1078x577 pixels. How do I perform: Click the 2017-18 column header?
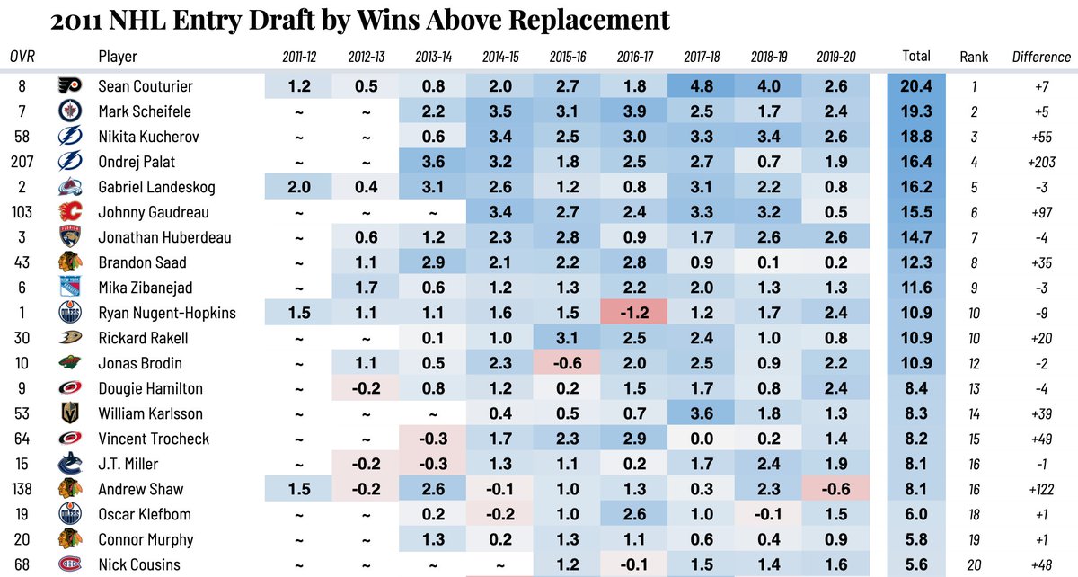click(702, 57)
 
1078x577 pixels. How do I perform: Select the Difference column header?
click(1041, 57)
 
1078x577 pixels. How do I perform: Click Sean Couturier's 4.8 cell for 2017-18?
click(702, 87)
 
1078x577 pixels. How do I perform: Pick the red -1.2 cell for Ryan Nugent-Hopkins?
click(634, 314)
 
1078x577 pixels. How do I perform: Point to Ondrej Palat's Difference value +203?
click(1041, 163)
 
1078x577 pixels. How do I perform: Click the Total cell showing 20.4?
click(915, 87)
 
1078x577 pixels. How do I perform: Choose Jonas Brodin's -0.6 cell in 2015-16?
click(567, 364)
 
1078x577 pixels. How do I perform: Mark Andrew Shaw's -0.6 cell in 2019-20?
click(836, 490)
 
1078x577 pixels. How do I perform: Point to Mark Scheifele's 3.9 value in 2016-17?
click(634, 112)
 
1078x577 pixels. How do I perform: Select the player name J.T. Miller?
click(128, 465)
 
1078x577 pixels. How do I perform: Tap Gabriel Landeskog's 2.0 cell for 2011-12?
click(297, 188)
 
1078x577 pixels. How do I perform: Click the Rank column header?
click(973, 57)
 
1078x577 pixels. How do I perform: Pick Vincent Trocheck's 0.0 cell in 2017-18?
click(702, 439)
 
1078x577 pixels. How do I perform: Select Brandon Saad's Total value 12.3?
click(915, 263)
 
